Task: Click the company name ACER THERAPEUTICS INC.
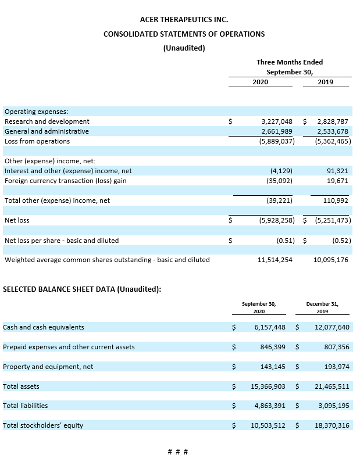coord(184,20)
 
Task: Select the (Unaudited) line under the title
coord(184,48)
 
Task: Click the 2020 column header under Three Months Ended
coord(260,82)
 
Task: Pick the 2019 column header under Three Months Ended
coord(326,82)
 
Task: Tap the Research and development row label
coord(47,121)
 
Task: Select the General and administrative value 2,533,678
coord(333,131)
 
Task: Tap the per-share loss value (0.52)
coord(340,240)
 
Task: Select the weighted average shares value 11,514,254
coord(275,260)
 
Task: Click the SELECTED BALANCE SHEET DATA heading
coord(82,289)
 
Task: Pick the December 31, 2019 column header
coord(322,307)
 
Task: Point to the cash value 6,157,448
coord(270,327)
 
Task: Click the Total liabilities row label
coord(26,406)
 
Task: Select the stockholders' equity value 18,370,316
coord(332,425)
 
